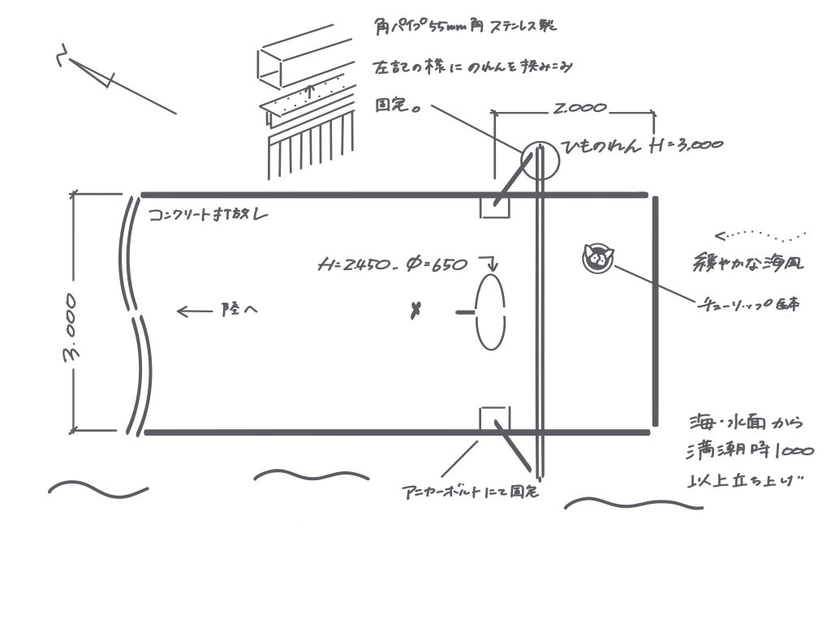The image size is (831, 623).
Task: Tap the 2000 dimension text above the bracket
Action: coord(575,106)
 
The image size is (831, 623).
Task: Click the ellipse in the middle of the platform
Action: coord(491,314)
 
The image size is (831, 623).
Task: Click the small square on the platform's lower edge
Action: coord(494,419)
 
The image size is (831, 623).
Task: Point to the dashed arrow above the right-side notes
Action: coord(759,237)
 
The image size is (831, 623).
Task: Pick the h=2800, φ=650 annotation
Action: coord(394,264)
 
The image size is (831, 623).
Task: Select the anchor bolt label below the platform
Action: coord(471,492)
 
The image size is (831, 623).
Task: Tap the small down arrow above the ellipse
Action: coord(490,264)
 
